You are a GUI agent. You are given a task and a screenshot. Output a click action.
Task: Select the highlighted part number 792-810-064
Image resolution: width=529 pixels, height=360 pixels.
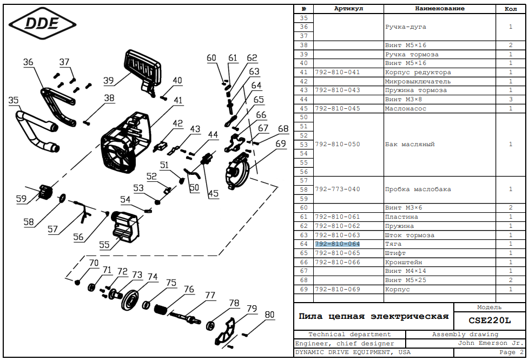[x=337, y=244]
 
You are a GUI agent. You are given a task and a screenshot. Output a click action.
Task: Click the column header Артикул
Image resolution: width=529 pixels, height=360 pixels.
[x=348, y=9]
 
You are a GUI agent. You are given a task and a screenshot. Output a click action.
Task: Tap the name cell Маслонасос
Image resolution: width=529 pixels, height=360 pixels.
[x=406, y=108]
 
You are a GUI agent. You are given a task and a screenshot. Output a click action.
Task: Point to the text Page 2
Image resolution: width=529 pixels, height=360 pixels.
[x=507, y=352]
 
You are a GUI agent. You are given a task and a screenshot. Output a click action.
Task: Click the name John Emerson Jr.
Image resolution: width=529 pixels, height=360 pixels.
[x=490, y=343]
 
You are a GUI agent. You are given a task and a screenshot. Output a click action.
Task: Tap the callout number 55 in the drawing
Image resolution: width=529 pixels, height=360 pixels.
[x=104, y=245]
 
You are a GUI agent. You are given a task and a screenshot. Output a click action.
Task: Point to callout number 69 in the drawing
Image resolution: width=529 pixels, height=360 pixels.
[x=280, y=144]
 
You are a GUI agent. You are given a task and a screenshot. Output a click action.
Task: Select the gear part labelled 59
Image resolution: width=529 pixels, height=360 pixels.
[x=45, y=192]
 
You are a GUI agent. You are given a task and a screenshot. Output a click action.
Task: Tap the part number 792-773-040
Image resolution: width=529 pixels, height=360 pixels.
[x=337, y=189]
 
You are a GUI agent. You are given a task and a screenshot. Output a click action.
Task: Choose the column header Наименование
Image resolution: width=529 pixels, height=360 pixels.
[x=439, y=9]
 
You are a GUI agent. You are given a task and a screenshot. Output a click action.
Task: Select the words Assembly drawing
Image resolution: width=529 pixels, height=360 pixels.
[x=465, y=335]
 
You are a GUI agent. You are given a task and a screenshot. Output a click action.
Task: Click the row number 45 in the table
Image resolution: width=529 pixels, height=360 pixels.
[x=303, y=108]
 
